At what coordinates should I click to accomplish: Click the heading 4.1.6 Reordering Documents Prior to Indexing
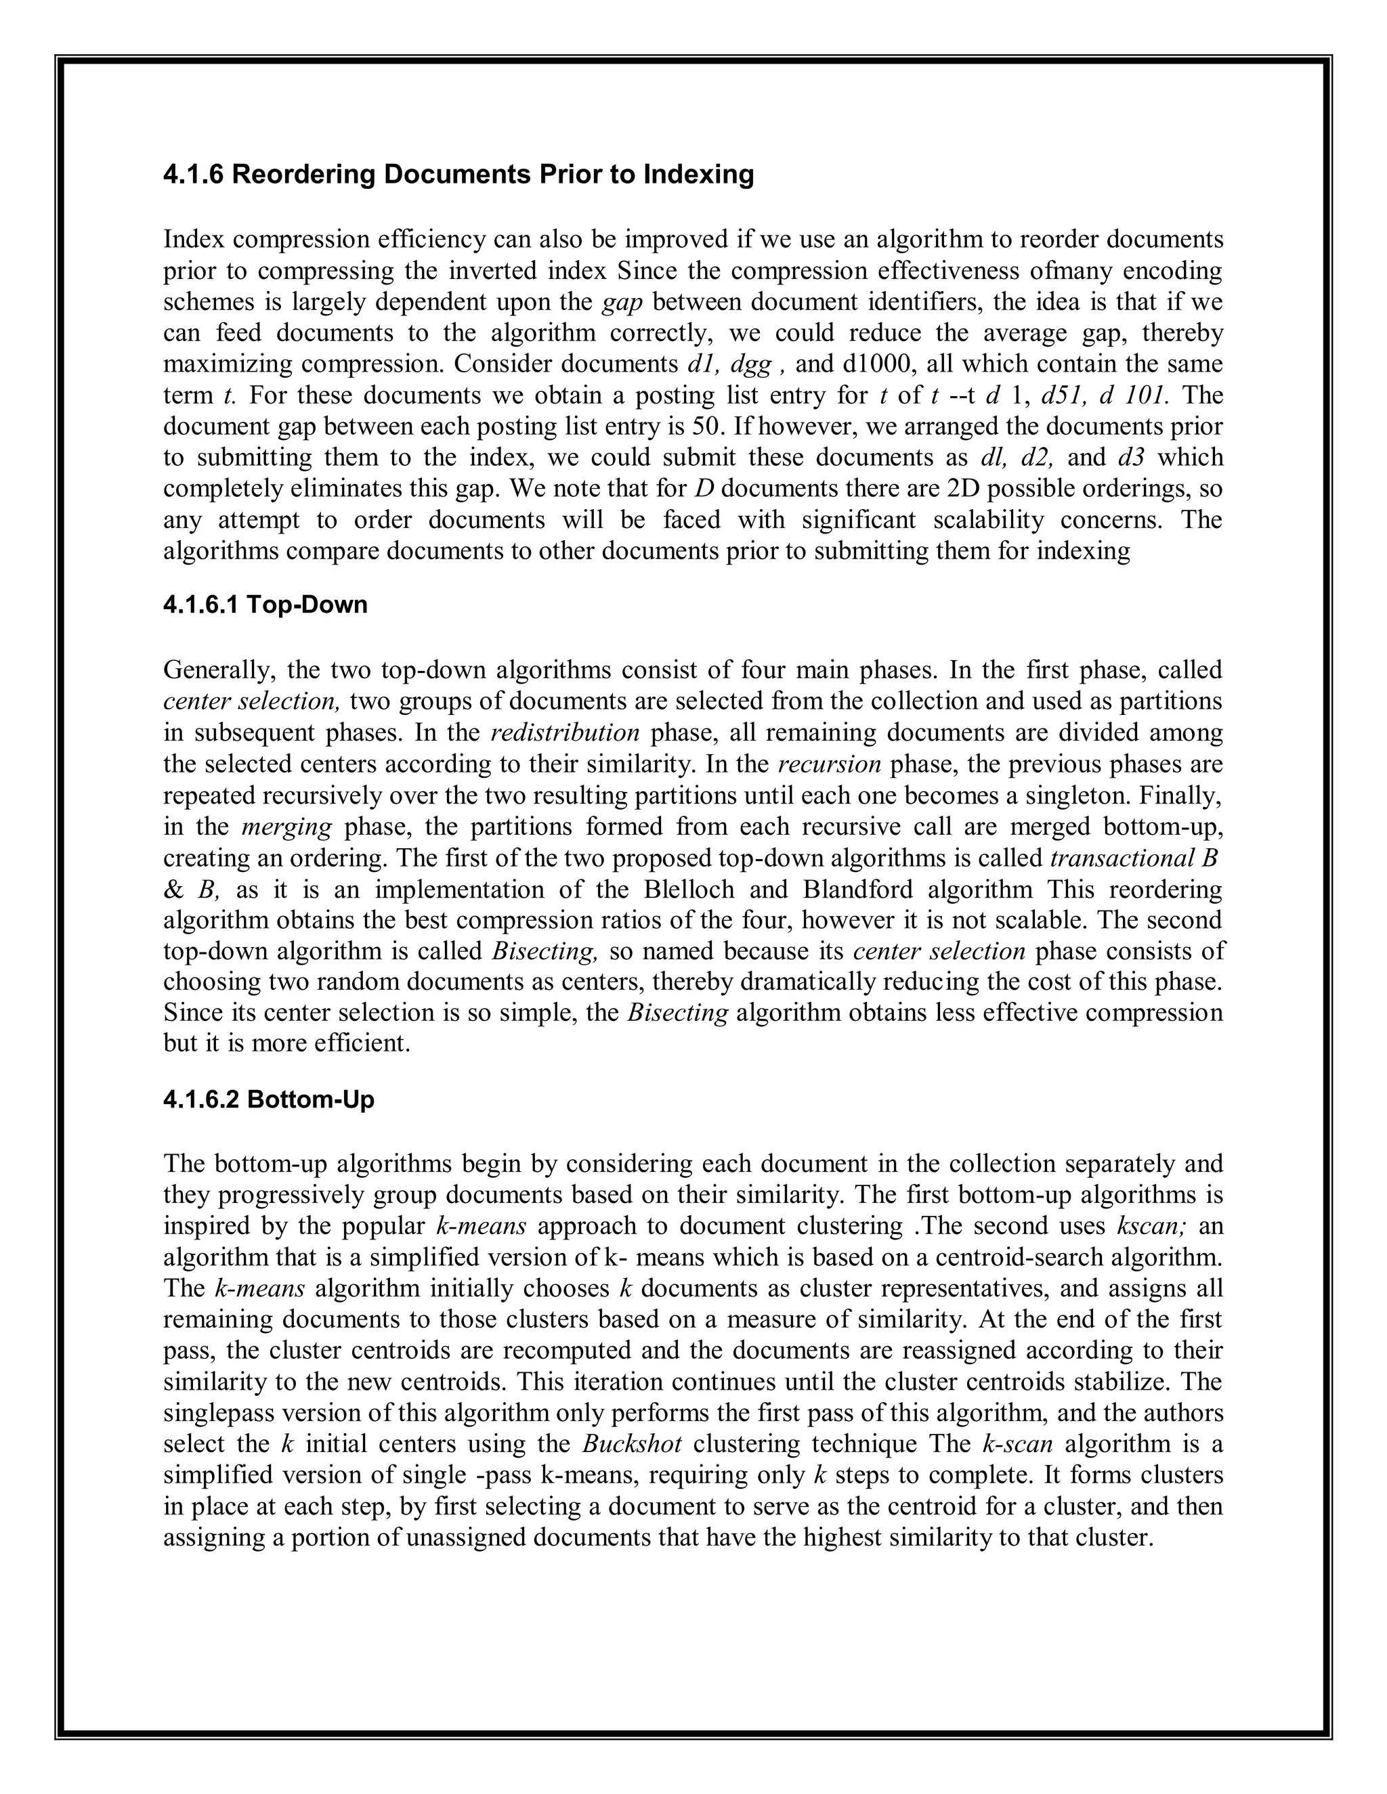click(x=458, y=175)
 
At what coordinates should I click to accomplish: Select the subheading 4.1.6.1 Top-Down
click(x=265, y=605)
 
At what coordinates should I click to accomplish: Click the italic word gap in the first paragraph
click(x=622, y=303)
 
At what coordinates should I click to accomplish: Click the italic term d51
click(x=1064, y=395)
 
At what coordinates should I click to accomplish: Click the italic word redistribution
click(x=565, y=732)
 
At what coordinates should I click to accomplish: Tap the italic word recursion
click(x=829, y=764)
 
